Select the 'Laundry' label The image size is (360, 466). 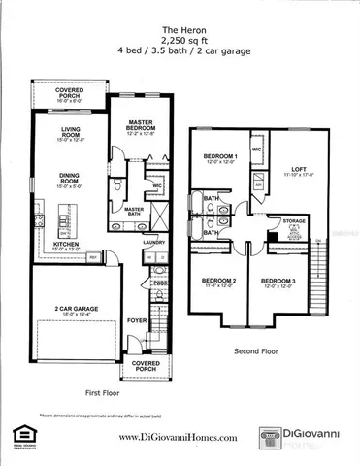click(148, 242)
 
